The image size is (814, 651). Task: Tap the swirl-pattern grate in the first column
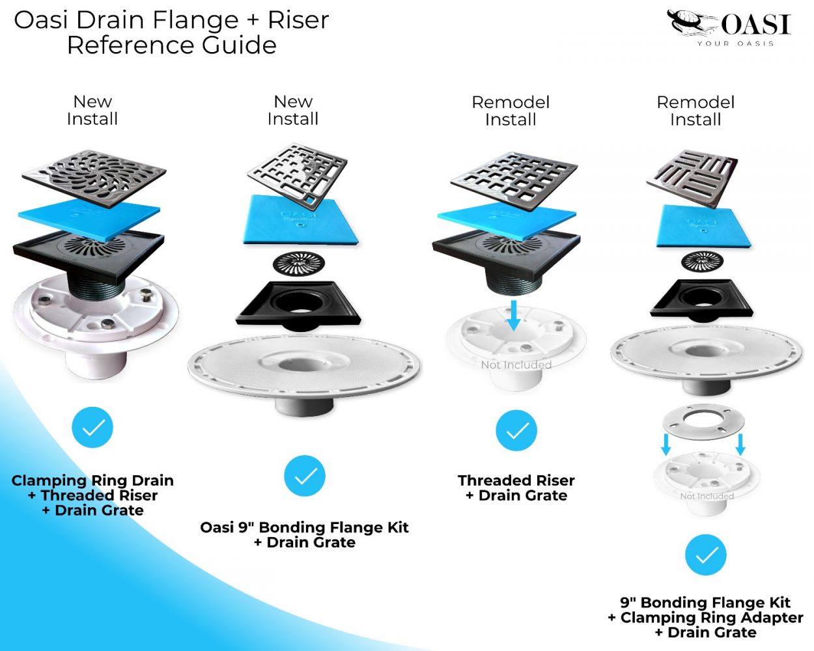(x=94, y=177)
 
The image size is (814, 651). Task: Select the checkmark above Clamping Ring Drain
(x=92, y=428)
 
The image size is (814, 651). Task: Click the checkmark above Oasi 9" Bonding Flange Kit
(x=305, y=476)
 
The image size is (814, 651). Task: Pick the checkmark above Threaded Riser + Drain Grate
(x=516, y=430)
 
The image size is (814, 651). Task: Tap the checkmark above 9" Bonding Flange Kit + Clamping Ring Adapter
(x=705, y=555)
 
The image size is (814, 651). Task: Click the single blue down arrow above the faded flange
(x=514, y=314)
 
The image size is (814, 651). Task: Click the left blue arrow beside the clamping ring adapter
(x=666, y=444)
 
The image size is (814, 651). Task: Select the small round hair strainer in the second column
(x=299, y=262)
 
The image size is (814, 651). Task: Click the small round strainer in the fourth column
(x=702, y=261)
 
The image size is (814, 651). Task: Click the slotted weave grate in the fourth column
(x=693, y=178)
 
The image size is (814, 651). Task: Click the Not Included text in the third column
(x=516, y=365)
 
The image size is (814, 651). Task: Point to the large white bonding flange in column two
(x=303, y=368)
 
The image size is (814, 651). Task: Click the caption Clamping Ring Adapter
(x=711, y=617)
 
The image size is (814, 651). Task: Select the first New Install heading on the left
(x=92, y=110)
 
